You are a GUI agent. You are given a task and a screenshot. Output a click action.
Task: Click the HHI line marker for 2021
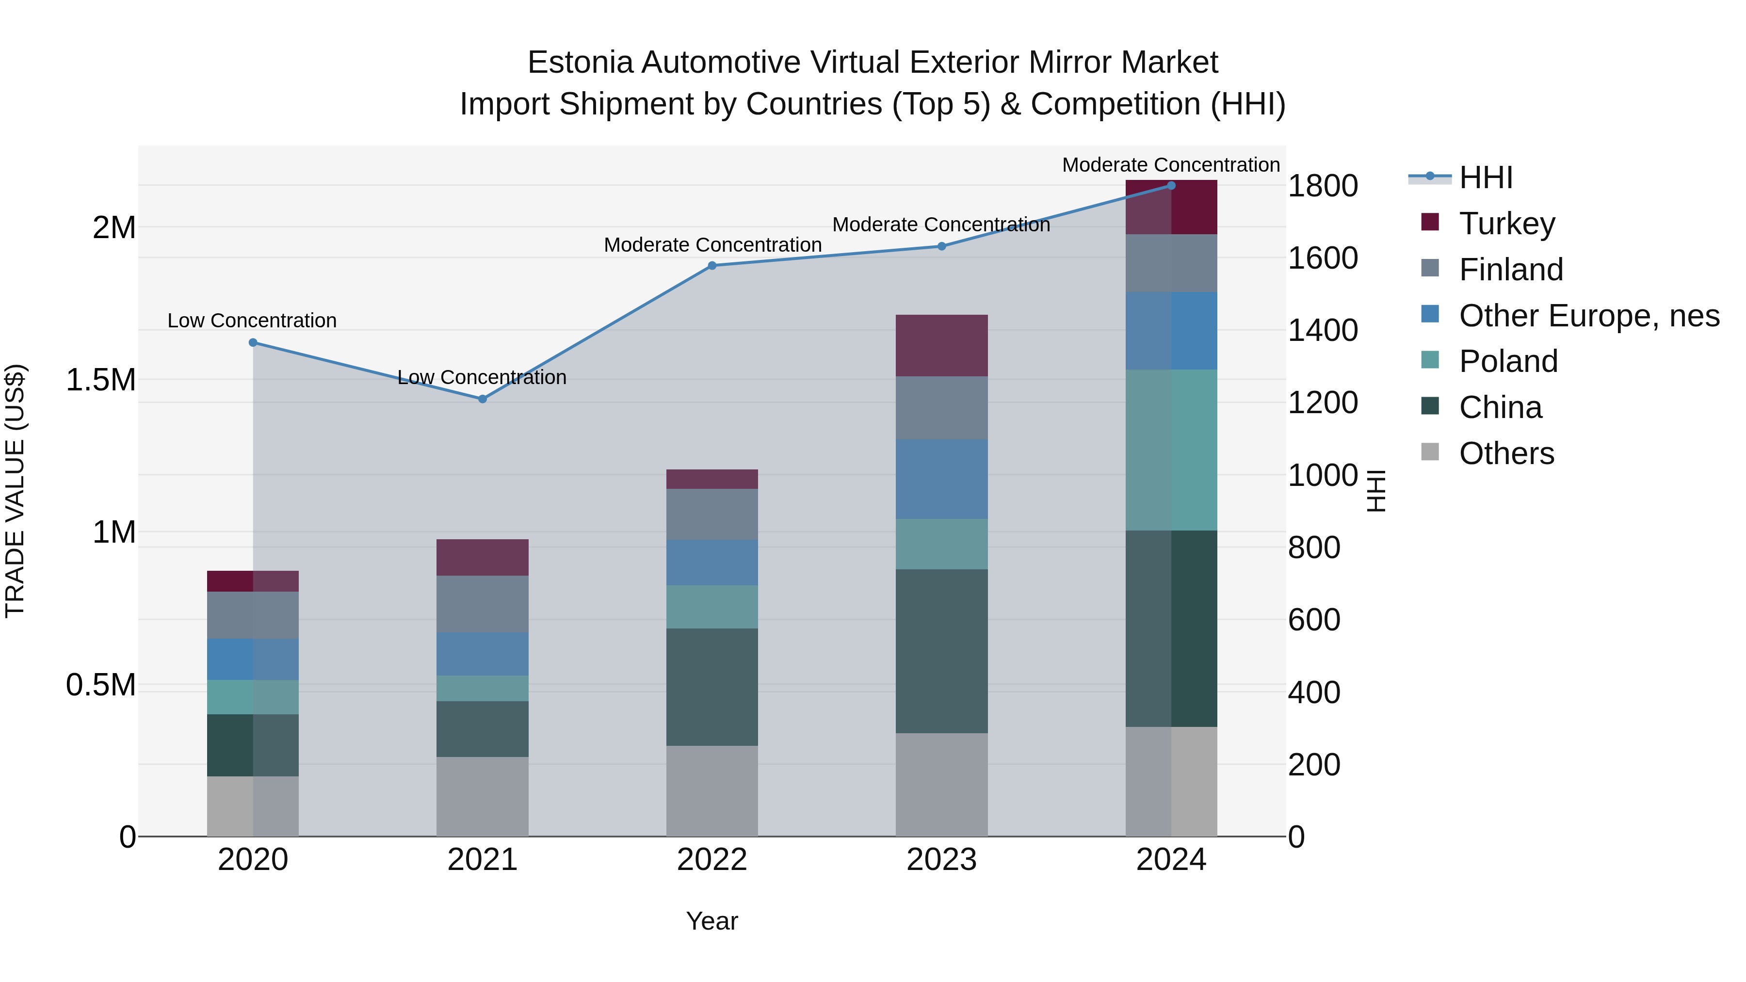coord(483,399)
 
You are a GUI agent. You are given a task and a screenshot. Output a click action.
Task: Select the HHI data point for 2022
coord(711,266)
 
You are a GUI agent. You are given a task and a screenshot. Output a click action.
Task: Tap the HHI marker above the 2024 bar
coord(1171,186)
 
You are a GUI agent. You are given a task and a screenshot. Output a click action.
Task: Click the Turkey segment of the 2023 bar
coord(941,346)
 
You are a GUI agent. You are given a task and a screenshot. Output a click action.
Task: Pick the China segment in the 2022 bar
coord(711,687)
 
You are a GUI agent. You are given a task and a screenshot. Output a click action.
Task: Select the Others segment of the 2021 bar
coord(483,796)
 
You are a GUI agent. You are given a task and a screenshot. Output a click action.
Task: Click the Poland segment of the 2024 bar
coord(1171,450)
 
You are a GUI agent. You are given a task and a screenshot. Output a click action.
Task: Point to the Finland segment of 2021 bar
coord(483,604)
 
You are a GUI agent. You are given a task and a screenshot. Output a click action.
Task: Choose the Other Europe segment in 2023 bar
coord(941,479)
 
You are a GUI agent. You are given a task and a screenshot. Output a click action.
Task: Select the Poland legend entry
coord(1508,361)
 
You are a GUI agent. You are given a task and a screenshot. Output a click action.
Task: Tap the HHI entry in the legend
coord(1486,177)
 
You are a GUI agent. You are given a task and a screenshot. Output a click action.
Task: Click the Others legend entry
coord(1506,453)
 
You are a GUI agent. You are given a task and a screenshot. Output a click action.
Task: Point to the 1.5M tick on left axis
coord(101,380)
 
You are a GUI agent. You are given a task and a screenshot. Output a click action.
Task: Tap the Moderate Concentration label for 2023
coord(941,225)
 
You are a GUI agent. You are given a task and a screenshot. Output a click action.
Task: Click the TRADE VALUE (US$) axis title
coord(15,491)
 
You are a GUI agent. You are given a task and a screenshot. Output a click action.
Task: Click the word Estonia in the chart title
coord(580,63)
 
